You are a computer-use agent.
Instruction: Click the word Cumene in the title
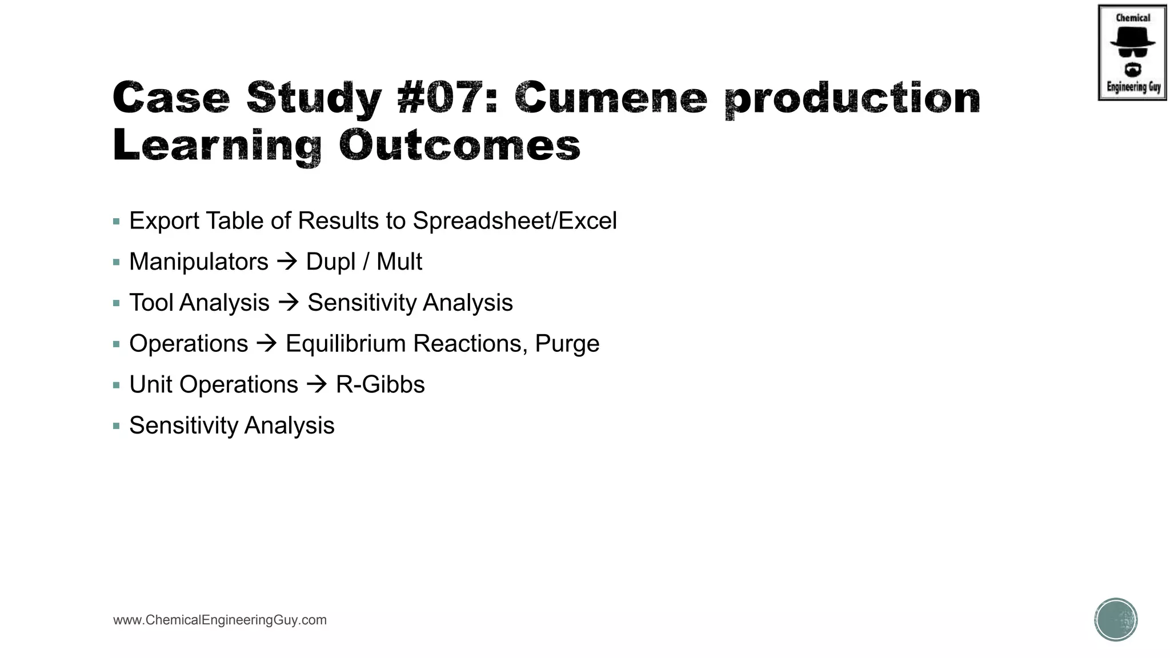(611, 98)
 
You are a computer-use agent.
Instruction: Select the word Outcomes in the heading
(459, 145)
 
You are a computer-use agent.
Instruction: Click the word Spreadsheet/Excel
(515, 221)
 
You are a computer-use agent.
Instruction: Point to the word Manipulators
(199, 262)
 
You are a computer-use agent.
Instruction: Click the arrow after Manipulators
(287, 262)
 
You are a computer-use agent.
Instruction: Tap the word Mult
(399, 262)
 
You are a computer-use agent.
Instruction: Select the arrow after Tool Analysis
(289, 303)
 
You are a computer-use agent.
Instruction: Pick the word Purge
(567, 344)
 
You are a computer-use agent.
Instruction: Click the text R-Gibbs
(380, 385)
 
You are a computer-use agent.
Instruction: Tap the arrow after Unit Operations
(317, 384)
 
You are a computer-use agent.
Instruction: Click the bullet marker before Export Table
(117, 222)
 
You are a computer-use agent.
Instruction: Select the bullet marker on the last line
(117, 426)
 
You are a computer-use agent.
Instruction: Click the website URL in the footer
(220, 620)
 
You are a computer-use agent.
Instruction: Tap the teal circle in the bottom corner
(1116, 620)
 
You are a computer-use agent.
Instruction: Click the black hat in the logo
(1132, 37)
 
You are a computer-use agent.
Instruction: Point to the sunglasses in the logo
(1132, 53)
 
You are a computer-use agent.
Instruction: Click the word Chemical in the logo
(1133, 18)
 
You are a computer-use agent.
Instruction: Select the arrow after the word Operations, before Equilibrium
(267, 344)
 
